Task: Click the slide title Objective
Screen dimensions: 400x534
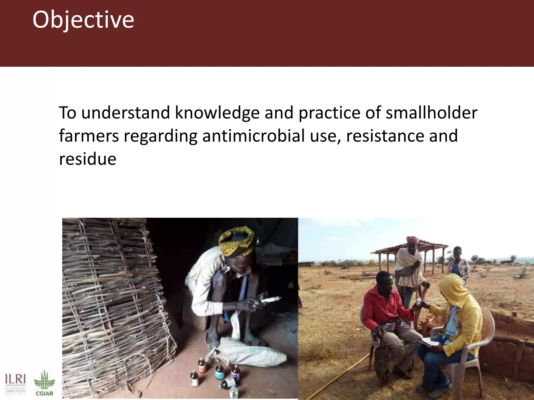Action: (83, 20)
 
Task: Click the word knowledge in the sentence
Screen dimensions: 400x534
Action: (217, 113)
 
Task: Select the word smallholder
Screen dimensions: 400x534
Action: (432, 113)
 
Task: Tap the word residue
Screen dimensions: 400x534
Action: (88, 159)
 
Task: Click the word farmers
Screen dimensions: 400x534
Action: (89, 136)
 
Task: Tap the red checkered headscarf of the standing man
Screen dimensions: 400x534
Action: (412, 240)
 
